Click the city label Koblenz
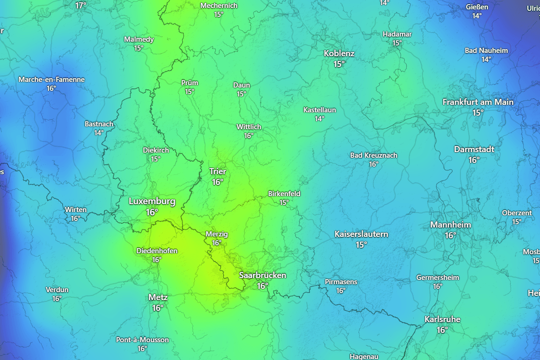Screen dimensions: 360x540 pyautogui.click(x=339, y=53)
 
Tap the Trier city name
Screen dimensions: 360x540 pyautogui.click(x=218, y=171)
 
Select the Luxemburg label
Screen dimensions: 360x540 pyautogui.click(x=152, y=201)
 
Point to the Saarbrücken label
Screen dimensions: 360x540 pyautogui.click(x=263, y=275)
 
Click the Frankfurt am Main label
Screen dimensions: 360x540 pyautogui.click(x=478, y=102)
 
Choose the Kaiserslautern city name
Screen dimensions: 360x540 pyautogui.click(x=361, y=234)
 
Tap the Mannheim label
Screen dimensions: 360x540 pyautogui.click(x=450, y=225)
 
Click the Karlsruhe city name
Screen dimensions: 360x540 pyautogui.click(x=442, y=319)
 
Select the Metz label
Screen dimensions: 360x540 pyautogui.click(x=158, y=297)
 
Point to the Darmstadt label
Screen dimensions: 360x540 pyautogui.click(x=474, y=149)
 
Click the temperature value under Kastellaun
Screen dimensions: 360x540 pyautogui.click(x=320, y=119)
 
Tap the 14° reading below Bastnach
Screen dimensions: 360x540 pyautogui.click(x=99, y=133)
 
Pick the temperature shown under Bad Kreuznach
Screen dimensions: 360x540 pyautogui.click(x=373, y=164)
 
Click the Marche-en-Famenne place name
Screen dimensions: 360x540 pyautogui.click(x=51, y=80)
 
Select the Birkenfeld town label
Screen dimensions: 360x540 pyautogui.click(x=284, y=194)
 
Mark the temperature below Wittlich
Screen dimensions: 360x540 pyautogui.click(x=248, y=136)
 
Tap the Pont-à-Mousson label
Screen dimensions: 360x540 pyautogui.click(x=142, y=340)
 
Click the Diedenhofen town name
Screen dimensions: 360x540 pyautogui.click(x=157, y=251)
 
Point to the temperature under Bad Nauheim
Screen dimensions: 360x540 pyautogui.click(x=486, y=59)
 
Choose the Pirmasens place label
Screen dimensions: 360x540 pyautogui.click(x=341, y=282)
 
